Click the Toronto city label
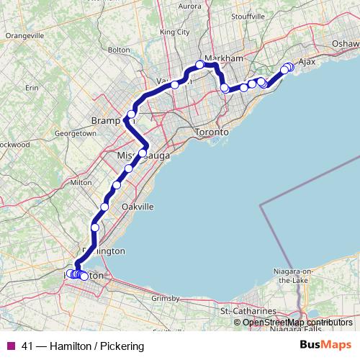(x=212, y=133)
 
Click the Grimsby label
(x=165, y=298)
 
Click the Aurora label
(x=189, y=6)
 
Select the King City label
(x=174, y=32)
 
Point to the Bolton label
(x=118, y=50)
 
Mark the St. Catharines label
(x=248, y=311)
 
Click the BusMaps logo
(x=325, y=345)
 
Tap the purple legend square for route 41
(x=12, y=346)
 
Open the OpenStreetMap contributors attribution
(x=297, y=323)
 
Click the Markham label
(x=220, y=58)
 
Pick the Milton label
(x=81, y=183)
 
